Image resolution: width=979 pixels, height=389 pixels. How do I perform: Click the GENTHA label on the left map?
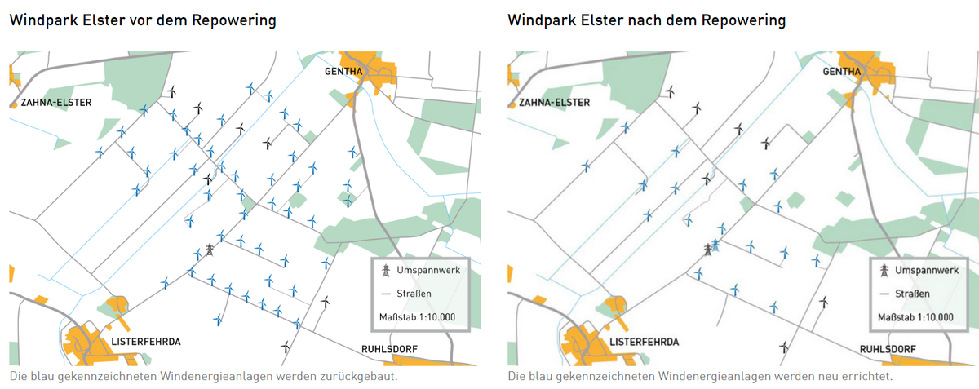pos(343,71)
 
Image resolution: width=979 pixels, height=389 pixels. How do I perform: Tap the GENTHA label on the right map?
pos(842,71)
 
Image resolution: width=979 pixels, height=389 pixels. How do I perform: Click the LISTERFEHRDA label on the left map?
pos(145,341)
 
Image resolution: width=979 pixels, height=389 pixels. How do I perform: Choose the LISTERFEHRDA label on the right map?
pos(644,341)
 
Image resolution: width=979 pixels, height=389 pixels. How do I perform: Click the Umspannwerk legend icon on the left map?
pos(386,270)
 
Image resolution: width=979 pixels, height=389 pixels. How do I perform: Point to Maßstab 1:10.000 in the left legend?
pos(417,316)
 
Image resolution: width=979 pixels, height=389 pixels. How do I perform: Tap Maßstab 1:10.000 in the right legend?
pos(915,316)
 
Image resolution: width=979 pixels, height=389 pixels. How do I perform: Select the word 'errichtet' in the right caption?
pos(869,377)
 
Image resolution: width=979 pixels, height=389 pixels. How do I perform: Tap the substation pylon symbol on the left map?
pos(209,250)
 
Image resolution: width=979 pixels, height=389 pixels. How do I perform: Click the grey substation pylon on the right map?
pos(707,250)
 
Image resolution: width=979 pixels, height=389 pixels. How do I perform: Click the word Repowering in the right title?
pos(745,20)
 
